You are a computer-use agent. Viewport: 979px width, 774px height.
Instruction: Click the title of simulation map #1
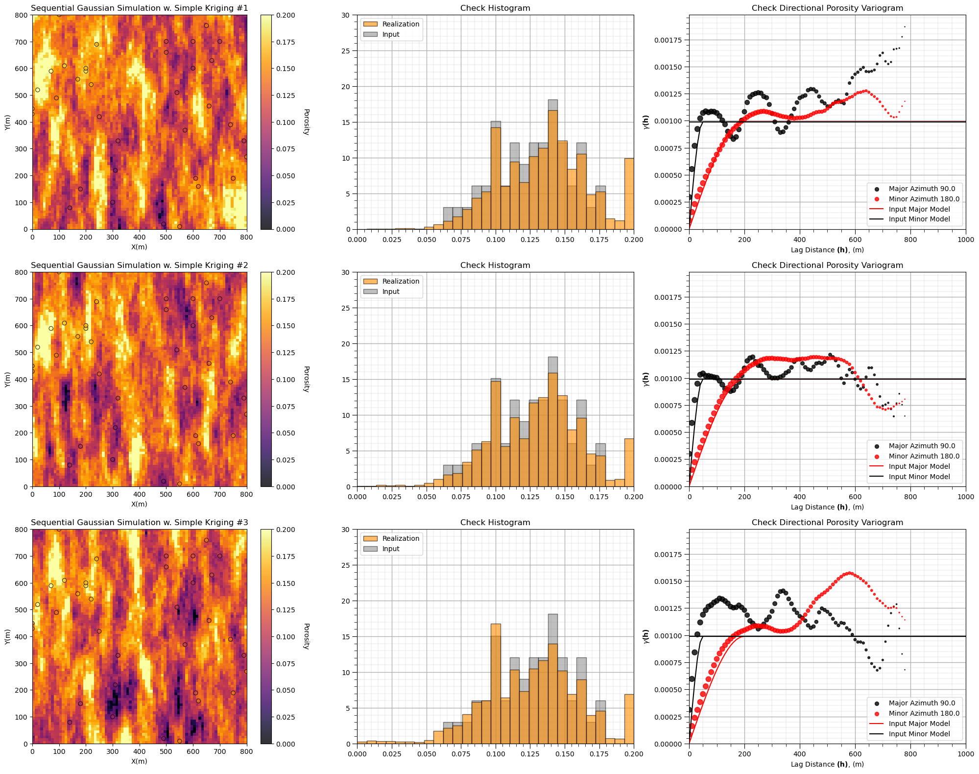click(139, 8)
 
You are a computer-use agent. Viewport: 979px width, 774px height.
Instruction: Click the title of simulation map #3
click(139, 522)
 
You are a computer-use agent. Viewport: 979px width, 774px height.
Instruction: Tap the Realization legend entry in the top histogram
click(401, 24)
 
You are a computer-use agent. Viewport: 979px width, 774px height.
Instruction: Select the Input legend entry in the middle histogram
click(391, 291)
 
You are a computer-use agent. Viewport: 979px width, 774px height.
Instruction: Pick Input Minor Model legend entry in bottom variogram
click(919, 734)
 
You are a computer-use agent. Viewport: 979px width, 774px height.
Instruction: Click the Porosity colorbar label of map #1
click(306, 122)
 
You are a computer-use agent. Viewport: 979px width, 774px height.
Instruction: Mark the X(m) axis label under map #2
click(139, 504)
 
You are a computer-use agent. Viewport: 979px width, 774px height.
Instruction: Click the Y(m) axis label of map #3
click(8, 636)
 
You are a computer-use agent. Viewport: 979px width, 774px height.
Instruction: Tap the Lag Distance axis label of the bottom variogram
click(827, 764)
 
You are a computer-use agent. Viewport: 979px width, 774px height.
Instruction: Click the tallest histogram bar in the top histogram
click(552, 167)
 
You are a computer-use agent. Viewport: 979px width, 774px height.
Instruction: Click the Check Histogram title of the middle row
click(495, 265)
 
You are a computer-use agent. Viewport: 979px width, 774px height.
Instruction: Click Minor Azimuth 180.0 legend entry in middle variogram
click(924, 456)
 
